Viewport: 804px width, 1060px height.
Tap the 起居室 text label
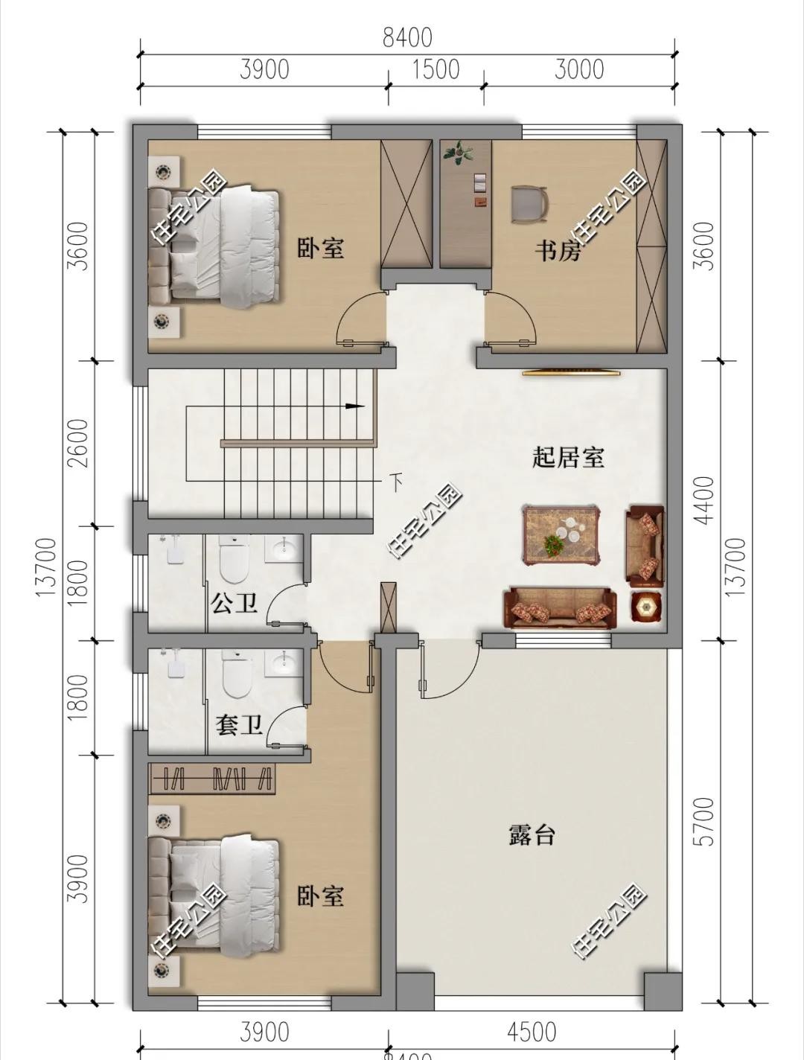pos(567,456)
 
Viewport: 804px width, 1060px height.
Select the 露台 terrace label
pos(532,834)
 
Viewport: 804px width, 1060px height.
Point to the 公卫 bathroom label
pos(234,603)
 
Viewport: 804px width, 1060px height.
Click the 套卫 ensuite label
pos(239,724)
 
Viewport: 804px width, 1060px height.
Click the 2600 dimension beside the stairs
pos(77,443)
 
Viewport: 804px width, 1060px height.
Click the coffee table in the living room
pos(561,534)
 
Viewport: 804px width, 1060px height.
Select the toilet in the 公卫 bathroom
pos(234,562)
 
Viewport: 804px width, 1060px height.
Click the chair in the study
pos(529,205)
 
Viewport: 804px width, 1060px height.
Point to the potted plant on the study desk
pos(458,153)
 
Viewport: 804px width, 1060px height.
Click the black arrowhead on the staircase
pos(356,406)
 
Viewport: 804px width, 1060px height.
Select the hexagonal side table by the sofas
pos(645,607)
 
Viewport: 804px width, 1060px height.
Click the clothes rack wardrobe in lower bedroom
pos(212,779)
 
